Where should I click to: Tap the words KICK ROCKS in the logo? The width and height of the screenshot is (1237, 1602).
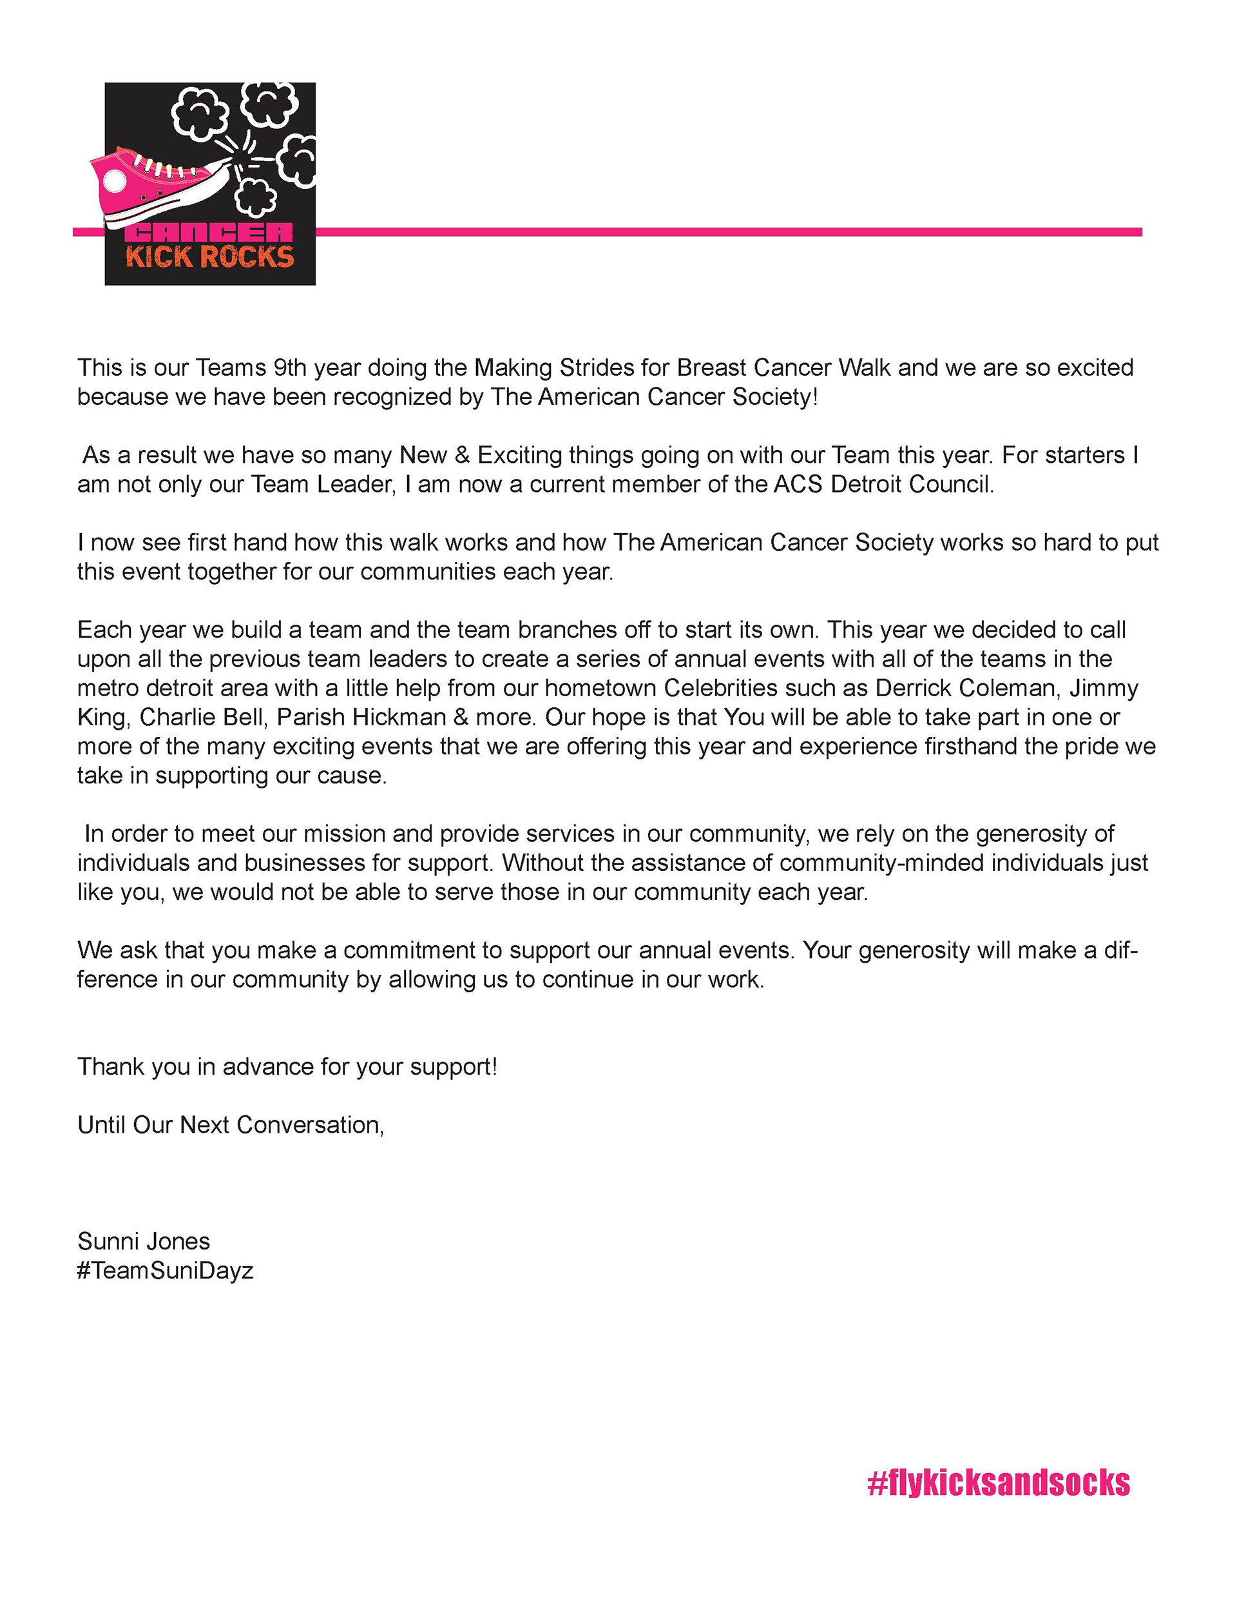click(210, 257)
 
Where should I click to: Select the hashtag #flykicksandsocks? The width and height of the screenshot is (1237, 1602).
click(998, 1483)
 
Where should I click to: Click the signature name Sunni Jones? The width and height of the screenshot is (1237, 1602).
click(144, 1241)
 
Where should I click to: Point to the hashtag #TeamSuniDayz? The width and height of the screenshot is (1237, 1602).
click(165, 1271)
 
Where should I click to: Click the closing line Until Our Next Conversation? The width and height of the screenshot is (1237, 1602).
click(230, 1124)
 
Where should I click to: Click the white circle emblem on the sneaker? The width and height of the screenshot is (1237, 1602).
click(115, 180)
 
